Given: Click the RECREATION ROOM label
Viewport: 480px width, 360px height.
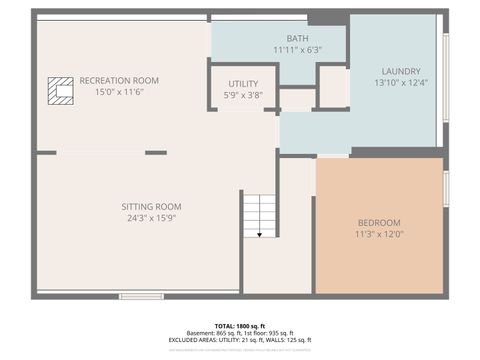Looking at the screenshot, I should (x=119, y=80).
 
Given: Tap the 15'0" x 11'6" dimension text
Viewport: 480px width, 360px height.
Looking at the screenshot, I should (x=119, y=91).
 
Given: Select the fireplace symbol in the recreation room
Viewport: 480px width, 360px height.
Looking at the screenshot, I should (x=62, y=90).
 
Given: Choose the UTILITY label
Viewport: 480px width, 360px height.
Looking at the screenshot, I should (x=243, y=84).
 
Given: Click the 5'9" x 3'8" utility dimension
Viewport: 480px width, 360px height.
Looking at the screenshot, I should (x=243, y=95).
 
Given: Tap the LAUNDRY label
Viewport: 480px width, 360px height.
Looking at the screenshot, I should (x=400, y=71).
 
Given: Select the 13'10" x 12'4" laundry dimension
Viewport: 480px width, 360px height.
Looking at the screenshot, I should (x=400, y=82).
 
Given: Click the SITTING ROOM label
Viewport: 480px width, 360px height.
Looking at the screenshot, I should (x=152, y=206).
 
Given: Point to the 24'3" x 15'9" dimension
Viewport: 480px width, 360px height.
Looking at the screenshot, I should (x=152, y=217).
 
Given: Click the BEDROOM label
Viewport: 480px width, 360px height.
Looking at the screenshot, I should (x=379, y=222).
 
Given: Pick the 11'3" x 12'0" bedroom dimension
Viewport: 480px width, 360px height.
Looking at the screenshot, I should (x=379, y=233).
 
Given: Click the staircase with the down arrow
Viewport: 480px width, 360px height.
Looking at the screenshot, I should (x=260, y=214).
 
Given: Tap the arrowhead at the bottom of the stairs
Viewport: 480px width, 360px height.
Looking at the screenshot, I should (x=260, y=234).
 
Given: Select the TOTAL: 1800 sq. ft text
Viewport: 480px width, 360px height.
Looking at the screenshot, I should (x=240, y=326).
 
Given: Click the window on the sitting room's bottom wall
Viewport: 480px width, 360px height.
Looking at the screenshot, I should (x=141, y=296).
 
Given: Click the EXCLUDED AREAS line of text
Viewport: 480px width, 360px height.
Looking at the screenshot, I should (x=240, y=341).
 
